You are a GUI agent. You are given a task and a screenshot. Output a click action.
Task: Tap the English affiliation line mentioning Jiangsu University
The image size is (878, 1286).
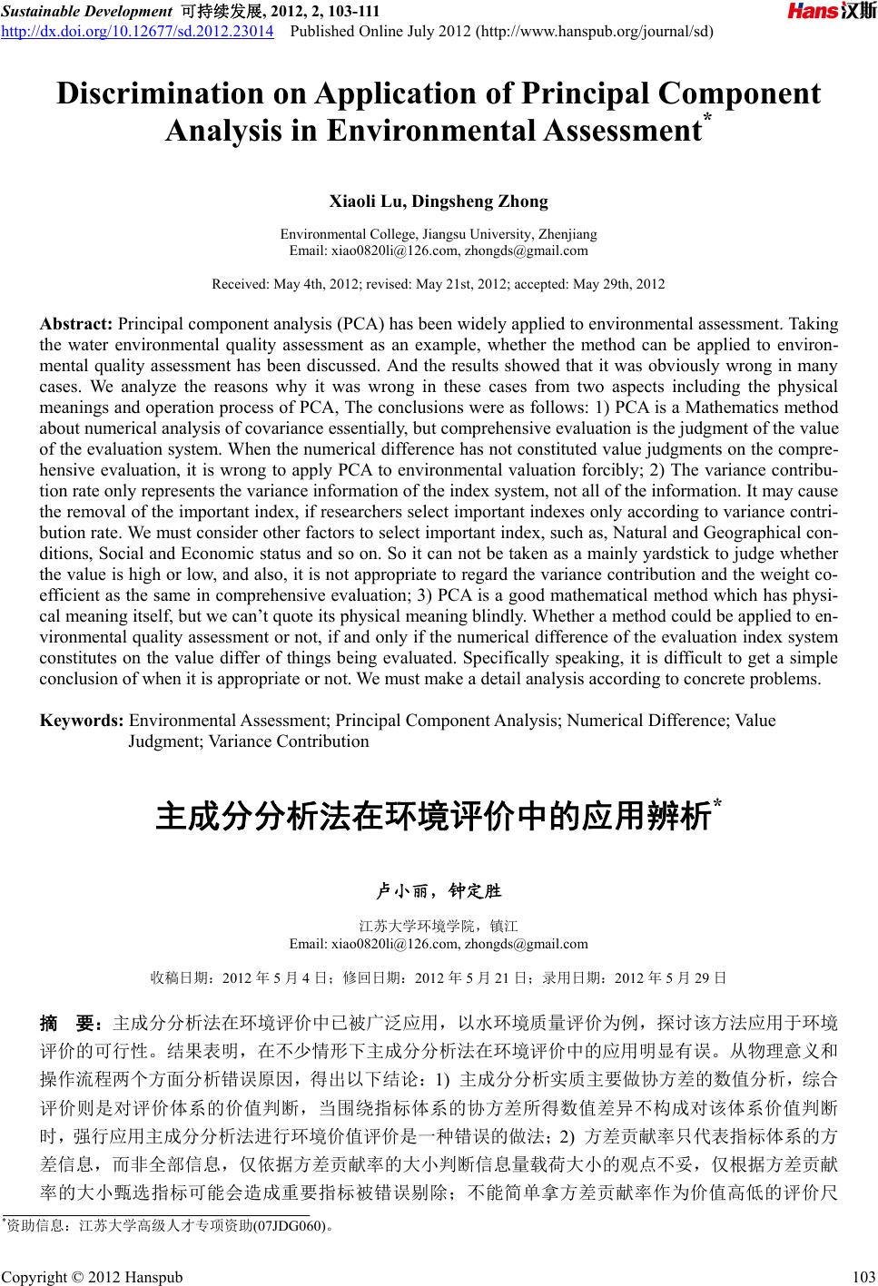[x=438, y=234]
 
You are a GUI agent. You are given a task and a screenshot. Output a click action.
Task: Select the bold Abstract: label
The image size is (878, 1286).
[x=76, y=324]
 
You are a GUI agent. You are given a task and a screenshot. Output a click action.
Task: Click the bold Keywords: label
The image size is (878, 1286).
[x=82, y=722]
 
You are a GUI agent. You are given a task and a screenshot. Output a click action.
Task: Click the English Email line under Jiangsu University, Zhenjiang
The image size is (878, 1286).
[x=438, y=250]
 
